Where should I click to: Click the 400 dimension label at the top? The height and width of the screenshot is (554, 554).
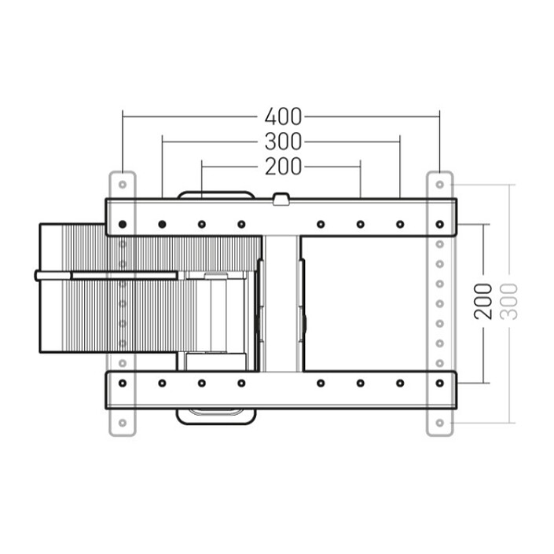[283, 117]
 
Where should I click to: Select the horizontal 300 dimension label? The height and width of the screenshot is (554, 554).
[283, 142]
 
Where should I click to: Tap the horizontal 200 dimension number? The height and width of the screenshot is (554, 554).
[283, 167]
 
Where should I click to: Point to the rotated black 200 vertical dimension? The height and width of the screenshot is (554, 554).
[484, 301]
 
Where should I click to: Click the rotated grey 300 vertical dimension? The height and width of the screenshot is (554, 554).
[508, 301]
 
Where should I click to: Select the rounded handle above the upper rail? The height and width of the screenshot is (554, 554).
[215, 194]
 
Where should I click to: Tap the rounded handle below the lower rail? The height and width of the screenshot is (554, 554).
[215, 415]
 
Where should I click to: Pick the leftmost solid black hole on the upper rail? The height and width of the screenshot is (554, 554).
[123, 225]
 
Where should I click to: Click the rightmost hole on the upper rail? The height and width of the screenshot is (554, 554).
[439, 225]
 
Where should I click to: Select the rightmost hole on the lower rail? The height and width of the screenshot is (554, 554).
[439, 383]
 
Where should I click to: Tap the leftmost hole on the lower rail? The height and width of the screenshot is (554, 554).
[123, 383]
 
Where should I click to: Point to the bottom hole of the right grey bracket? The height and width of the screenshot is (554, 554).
[439, 423]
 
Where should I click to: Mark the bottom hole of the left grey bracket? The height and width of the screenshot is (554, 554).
[123, 423]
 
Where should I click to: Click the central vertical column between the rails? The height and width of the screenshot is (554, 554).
[281, 303]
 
